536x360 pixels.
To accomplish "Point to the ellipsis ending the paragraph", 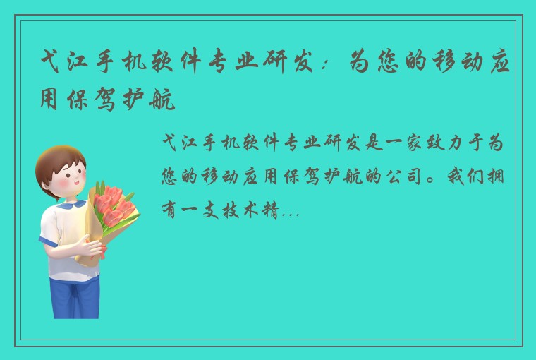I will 291,212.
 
